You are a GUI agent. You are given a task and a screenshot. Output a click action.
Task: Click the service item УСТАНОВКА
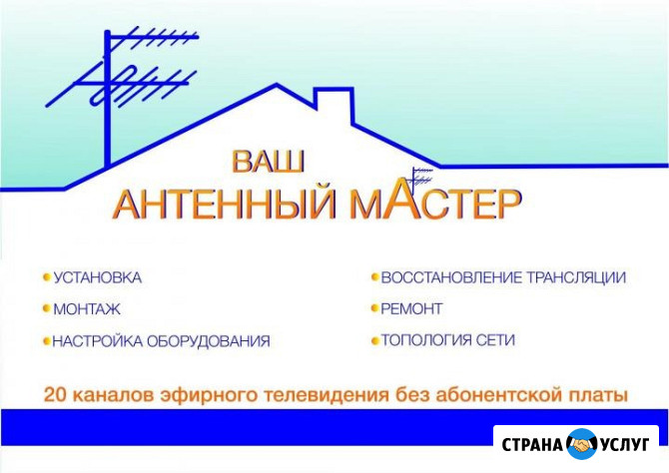point(97,276)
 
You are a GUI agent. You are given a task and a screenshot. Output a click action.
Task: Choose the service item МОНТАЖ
point(87,308)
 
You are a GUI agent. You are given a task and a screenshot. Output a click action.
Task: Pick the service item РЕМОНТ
point(411,308)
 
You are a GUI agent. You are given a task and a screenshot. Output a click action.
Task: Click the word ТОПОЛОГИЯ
point(426,339)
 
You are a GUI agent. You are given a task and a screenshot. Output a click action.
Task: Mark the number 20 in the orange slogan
point(54,394)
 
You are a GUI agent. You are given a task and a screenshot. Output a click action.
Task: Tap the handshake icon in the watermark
point(579,442)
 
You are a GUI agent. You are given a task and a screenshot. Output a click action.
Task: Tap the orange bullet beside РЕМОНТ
point(374,308)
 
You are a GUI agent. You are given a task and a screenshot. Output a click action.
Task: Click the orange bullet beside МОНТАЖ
point(46,308)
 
